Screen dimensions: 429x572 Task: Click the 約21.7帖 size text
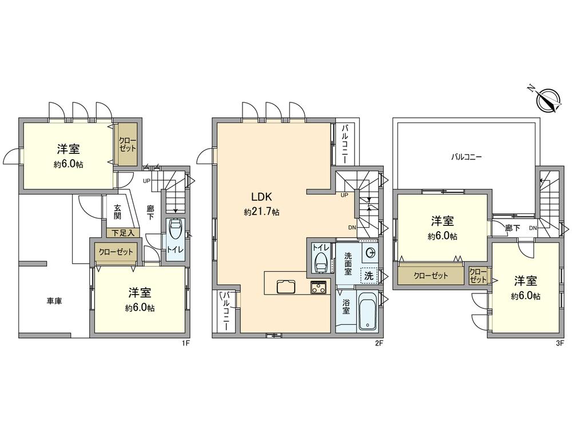click(x=261, y=212)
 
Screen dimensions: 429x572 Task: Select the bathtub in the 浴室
click(x=366, y=312)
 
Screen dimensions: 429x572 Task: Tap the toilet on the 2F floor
click(x=322, y=264)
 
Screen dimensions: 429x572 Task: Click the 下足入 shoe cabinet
click(x=120, y=233)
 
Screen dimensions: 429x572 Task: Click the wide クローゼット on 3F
click(x=431, y=275)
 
